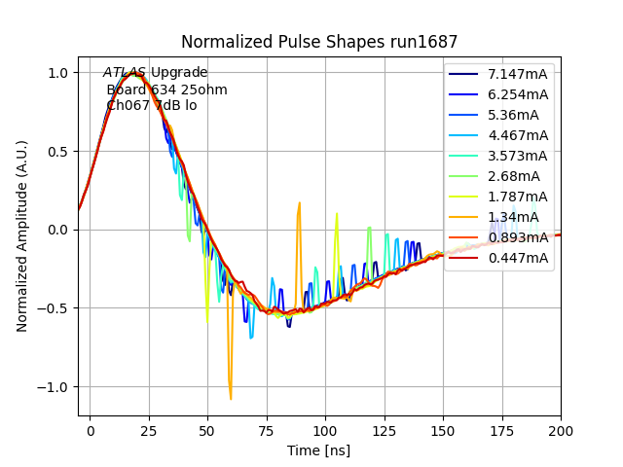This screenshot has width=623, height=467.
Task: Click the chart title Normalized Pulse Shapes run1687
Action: (x=319, y=42)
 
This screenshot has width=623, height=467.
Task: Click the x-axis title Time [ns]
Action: (x=318, y=450)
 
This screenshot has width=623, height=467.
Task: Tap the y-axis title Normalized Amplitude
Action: (x=22, y=236)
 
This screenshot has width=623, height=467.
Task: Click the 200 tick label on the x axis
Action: (x=560, y=429)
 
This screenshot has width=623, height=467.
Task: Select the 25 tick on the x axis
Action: (x=149, y=429)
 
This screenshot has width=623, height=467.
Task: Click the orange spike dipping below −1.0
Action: (x=231, y=397)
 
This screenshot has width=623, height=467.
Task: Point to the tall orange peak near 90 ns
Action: (x=299, y=204)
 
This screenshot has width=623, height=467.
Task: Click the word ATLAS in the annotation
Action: (x=125, y=73)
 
